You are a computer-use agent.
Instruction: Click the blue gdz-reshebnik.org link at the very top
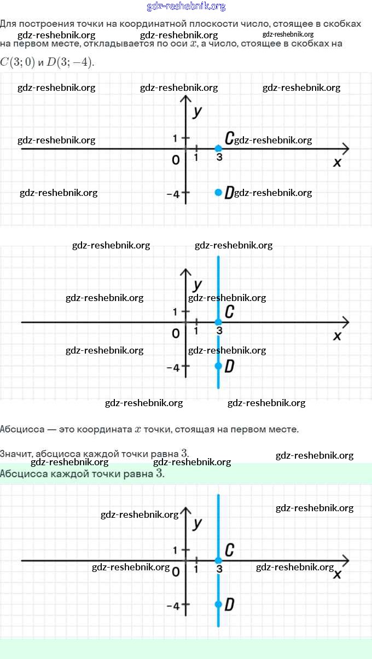click(x=186, y=7)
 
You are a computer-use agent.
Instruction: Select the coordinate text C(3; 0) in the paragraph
click(x=18, y=62)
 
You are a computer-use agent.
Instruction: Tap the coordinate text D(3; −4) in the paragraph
click(x=70, y=62)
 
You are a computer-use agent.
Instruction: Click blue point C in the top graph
click(x=218, y=148)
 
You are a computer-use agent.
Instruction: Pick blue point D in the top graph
click(x=218, y=192)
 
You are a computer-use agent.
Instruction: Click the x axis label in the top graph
click(x=337, y=163)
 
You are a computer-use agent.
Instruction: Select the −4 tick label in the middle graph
click(x=173, y=367)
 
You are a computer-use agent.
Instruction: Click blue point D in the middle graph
click(x=218, y=366)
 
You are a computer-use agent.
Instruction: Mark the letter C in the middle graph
click(x=230, y=311)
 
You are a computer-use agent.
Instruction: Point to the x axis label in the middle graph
click(x=337, y=336)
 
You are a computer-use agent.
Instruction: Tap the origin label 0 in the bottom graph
click(x=176, y=572)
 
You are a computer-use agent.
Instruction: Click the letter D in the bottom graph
click(x=230, y=604)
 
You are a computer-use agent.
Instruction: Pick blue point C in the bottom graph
click(x=218, y=560)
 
